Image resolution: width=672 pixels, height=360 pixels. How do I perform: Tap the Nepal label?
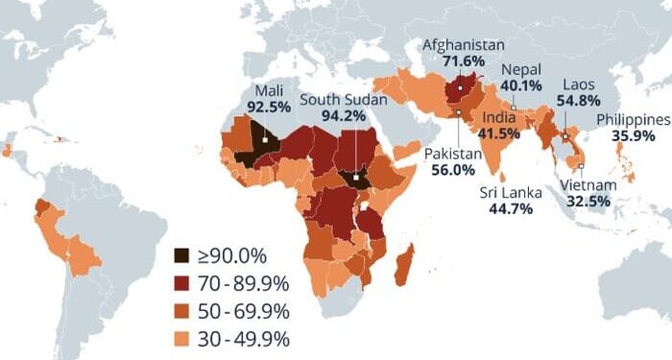click(x=521, y=69)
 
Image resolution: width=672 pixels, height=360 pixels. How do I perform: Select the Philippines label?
click(x=633, y=119)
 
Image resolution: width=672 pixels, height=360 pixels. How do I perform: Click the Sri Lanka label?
click(x=511, y=192)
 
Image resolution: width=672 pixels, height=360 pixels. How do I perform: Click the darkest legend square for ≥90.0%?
click(x=180, y=255)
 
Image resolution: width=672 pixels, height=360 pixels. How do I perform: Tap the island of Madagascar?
click(x=404, y=264)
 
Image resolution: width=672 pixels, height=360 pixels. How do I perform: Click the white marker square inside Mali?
click(x=262, y=140)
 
